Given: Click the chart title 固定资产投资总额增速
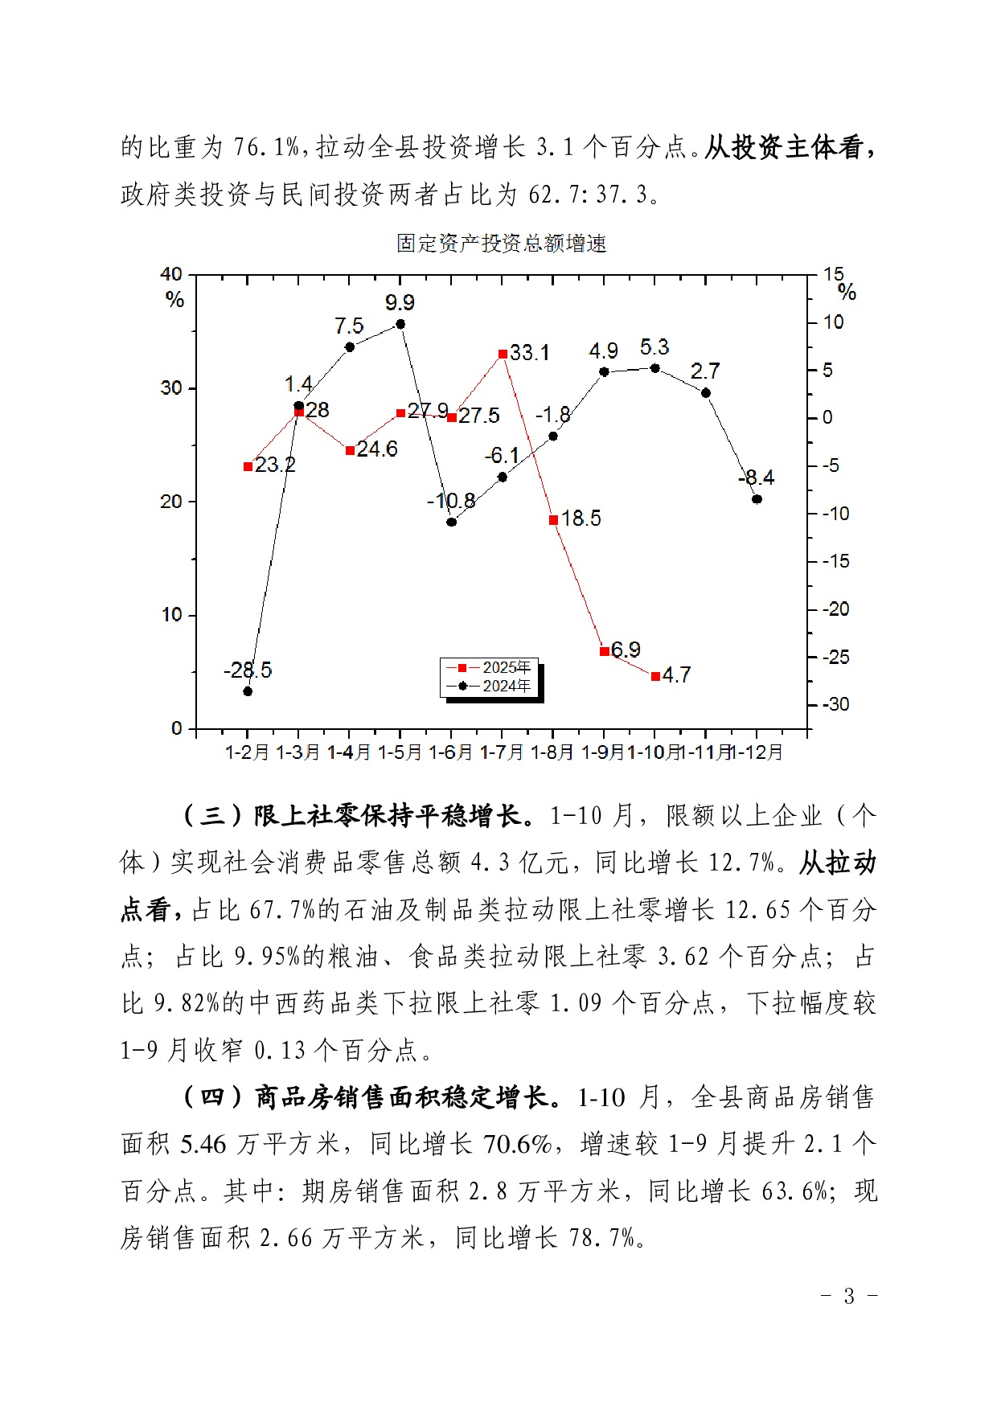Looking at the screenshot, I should point(501,244).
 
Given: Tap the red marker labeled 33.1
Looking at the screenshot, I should point(503,354).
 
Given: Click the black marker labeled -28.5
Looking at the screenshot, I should point(248,691).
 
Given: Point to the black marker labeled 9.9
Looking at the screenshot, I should point(400,324).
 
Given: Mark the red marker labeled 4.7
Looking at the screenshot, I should point(655,677).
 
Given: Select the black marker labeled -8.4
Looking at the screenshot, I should point(757,499).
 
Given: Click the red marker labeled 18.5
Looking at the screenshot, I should point(553,520).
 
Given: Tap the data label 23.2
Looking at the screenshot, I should point(275,465).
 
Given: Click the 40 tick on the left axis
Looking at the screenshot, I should point(171,275).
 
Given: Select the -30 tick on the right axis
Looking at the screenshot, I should point(835,704).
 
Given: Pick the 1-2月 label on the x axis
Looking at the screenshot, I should point(247,752).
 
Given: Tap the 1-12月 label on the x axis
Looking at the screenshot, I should point(758,752).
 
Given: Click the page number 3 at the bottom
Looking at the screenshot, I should point(849,1296).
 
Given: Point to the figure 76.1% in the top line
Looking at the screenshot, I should point(266,148).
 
